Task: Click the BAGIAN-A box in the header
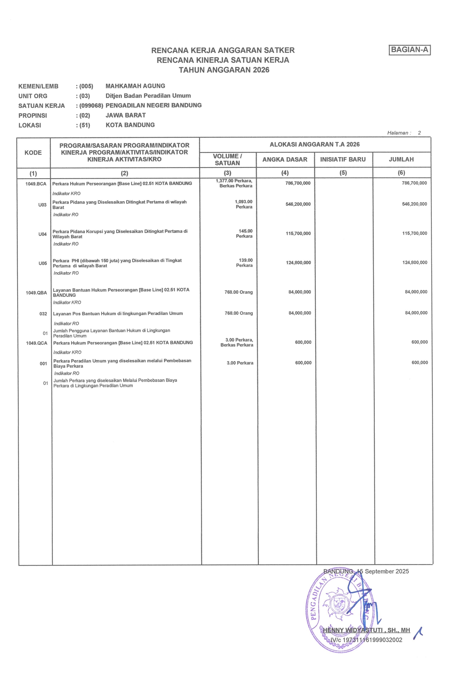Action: pyautogui.click(x=410, y=50)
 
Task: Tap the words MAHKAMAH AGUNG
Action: pyautogui.click(x=135, y=86)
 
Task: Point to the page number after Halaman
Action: pyautogui.click(x=419, y=133)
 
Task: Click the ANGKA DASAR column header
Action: pyautogui.click(x=285, y=160)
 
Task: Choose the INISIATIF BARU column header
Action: pyautogui.click(x=343, y=160)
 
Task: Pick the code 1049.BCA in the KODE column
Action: pyautogui.click(x=36, y=184)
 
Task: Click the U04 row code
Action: pyautogui.click(x=43, y=234)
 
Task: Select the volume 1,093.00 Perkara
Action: pyautogui.click(x=244, y=204)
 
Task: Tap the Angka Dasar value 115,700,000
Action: pyautogui.click(x=298, y=233)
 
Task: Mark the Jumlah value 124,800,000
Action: pyautogui.click(x=415, y=262)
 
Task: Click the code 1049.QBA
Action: pyautogui.click(x=36, y=293)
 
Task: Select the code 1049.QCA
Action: pyautogui.click(x=36, y=343)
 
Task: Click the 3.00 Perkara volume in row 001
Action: pyautogui.click(x=240, y=363)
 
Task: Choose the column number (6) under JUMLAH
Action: pyautogui.click(x=401, y=173)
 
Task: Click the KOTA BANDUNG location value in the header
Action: pyautogui.click(x=130, y=125)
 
